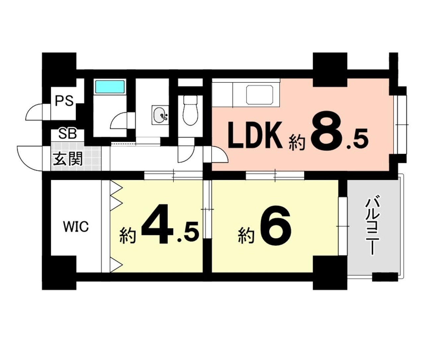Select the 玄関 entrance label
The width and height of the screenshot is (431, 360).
pos(68,159)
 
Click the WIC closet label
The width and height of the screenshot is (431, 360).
pos(76,227)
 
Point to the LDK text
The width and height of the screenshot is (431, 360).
pos(255,135)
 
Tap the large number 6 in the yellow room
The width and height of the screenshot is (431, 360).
pos(275,226)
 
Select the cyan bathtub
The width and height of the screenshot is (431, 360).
pos(110,86)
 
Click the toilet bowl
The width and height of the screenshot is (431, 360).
pos(190,110)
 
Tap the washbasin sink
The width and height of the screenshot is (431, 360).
pos(160,115)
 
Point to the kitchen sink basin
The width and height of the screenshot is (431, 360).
pos(260,95)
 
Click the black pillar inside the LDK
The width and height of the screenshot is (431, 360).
pos(330,70)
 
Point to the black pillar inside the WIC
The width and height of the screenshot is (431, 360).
pos(64,273)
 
